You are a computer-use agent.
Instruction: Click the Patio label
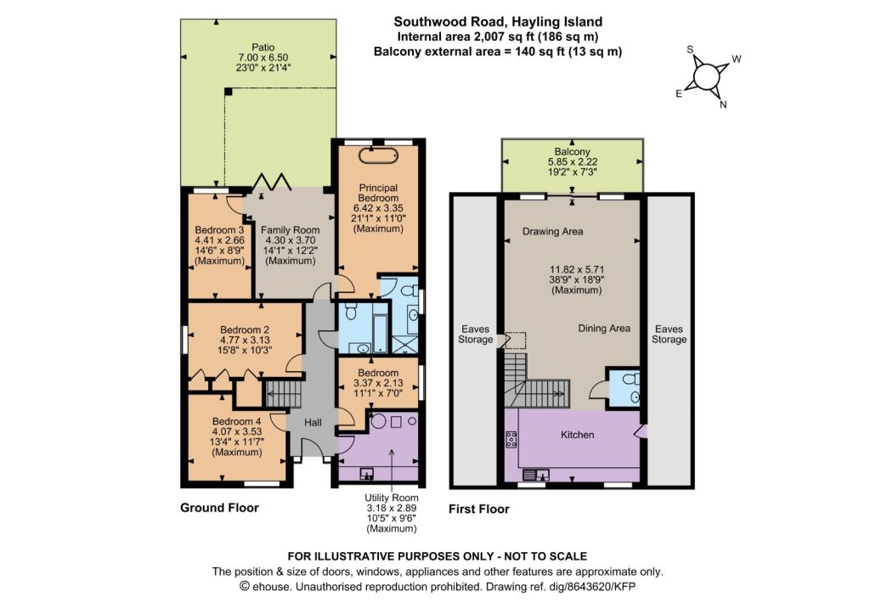tap(263, 48)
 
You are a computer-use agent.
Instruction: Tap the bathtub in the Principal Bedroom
tap(378, 155)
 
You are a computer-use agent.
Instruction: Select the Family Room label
tap(291, 229)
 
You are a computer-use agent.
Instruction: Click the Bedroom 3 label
tap(219, 229)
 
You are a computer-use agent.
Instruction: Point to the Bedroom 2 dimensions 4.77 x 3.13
tap(245, 340)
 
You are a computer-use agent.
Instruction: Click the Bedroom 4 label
tap(236, 421)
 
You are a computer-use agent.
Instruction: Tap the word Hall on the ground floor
tap(313, 423)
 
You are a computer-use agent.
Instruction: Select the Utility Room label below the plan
tap(391, 498)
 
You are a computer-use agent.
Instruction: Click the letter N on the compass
tap(723, 104)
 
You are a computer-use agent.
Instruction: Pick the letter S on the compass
tap(690, 49)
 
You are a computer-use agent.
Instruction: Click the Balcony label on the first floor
tap(572, 151)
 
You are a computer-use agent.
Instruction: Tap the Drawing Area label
tap(552, 231)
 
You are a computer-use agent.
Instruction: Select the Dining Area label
tap(604, 329)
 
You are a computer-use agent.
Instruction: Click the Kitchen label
tap(577, 435)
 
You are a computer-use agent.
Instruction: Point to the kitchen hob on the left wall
tap(511, 440)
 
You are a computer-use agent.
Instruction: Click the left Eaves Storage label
tap(476, 334)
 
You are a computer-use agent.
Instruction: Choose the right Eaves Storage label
tap(669, 334)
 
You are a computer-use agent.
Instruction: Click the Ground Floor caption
tap(220, 508)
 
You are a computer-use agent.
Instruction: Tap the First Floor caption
tap(479, 510)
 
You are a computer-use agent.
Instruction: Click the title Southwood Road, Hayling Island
tap(498, 21)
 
